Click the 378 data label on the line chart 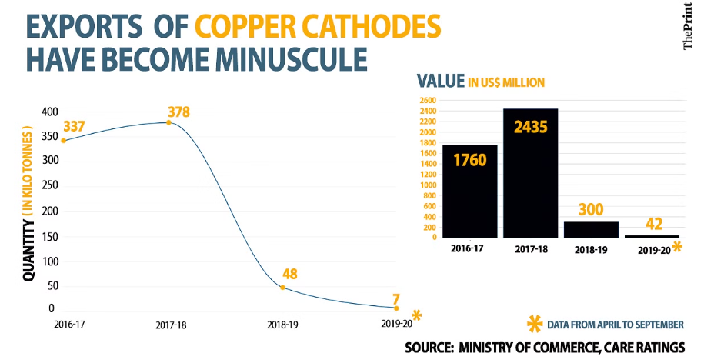178,112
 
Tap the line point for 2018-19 283,287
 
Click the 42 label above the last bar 652,223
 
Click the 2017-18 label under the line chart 170,325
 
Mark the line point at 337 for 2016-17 63,140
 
